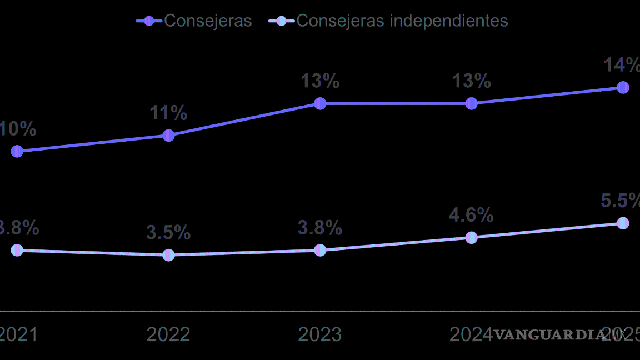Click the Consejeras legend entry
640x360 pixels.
[x=194, y=21]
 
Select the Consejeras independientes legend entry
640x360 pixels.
[x=389, y=21]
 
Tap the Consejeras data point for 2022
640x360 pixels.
[x=168, y=136]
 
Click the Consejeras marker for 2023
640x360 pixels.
[x=320, y=103]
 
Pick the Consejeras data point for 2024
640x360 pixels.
[x=471, y=103]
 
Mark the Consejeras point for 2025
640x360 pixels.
[x=623, y=87]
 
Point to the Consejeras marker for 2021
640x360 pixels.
[x=17, y=151]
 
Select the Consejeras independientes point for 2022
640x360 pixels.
[x=168, y=255]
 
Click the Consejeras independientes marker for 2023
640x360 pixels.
[x=320, y=250]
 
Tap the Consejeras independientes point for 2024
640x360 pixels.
[x=471, y=238]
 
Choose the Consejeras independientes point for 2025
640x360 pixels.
[x=623, y=223]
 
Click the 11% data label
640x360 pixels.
[x=168, y=113]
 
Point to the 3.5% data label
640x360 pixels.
[x=168, y=233]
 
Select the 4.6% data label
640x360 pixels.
[x=471, y=215]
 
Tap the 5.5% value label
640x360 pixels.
[x=621, y=201]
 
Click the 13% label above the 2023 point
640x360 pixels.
[x=320, y=81]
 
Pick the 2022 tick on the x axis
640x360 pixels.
[x=168, y=334]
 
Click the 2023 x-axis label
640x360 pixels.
[x=320, y=334]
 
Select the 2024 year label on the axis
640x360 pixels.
[x=471, y=334]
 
